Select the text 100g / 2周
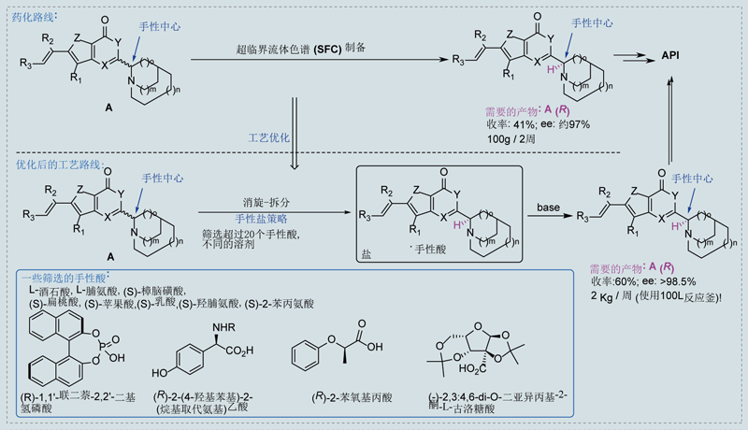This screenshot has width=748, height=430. [514, 137]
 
